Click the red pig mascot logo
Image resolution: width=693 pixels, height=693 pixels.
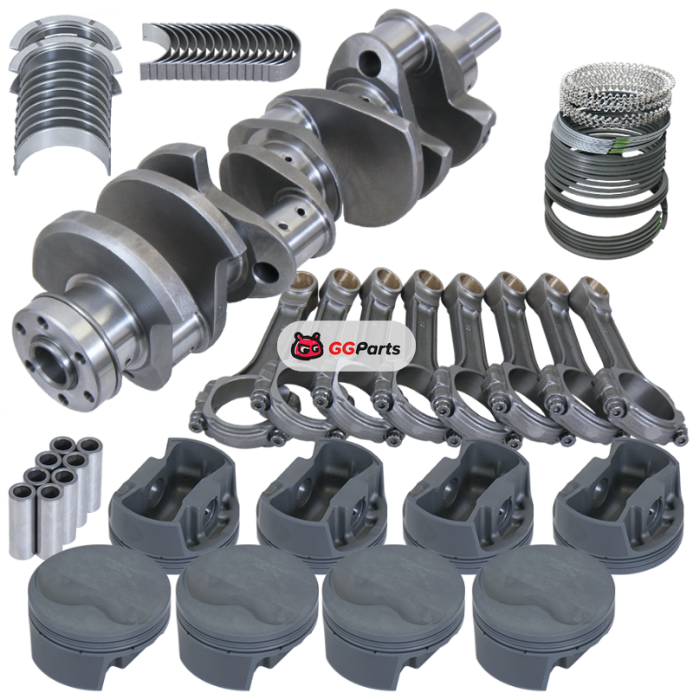coord(308,345)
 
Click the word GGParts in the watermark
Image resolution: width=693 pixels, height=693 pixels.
coord(365,348)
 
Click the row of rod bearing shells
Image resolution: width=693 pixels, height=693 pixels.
coord(221,52)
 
